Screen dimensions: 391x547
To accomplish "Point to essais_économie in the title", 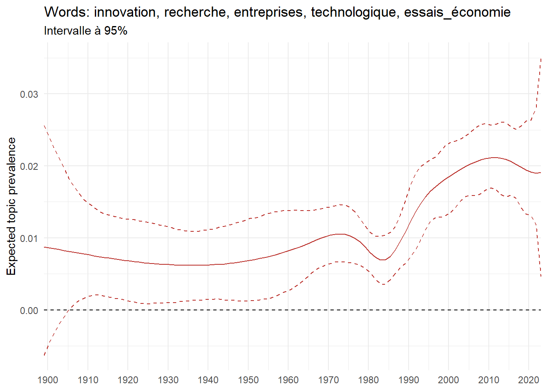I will click(457, 12).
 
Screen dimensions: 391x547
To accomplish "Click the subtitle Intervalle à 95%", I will click(85, 31).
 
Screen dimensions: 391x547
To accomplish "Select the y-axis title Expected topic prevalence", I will click(11, 206).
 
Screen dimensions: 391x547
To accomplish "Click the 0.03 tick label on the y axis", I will click(29, 94).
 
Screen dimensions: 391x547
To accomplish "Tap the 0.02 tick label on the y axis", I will click(29, 166).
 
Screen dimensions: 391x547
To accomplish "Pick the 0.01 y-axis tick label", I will click(29, 238).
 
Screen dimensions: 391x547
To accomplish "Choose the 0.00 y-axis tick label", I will click(29, 310).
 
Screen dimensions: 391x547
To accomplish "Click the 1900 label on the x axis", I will click(48, 380).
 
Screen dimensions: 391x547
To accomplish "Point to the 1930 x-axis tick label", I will click(168, 380).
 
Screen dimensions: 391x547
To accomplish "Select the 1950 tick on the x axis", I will click(248, 380).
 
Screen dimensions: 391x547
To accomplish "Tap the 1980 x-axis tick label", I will click(368, 380).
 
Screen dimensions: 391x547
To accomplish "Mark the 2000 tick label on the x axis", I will click(449, 380).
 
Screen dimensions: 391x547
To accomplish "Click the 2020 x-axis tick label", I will click(529, 380).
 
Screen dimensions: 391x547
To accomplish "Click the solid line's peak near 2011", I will click(494, 157).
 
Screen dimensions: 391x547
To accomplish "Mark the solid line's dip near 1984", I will click(383, 260).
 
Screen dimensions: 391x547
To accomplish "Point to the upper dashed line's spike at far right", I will click(540, 59).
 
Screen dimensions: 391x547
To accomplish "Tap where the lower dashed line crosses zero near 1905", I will click(68, 310).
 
